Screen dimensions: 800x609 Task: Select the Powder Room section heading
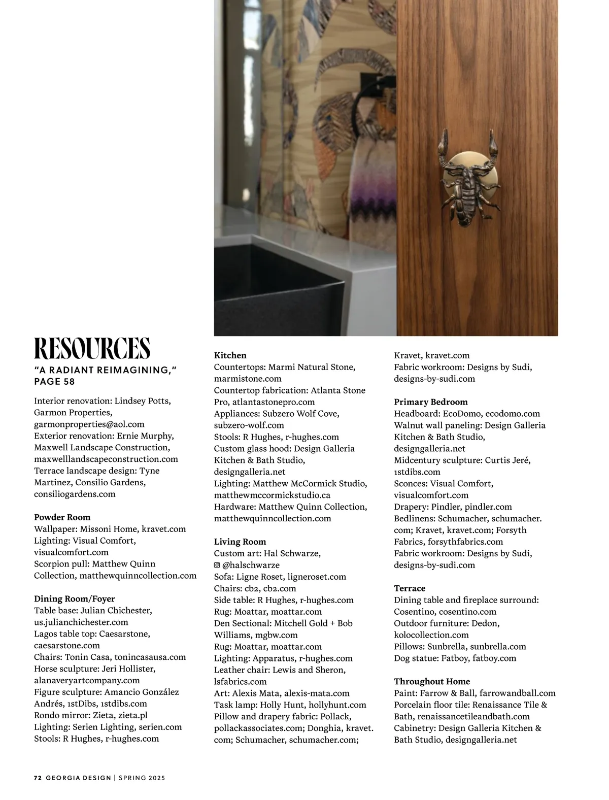click(x=62, y=517)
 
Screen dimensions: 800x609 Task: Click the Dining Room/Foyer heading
click(x=75, y=599)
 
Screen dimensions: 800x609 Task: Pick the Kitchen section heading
click(x=230, y=355)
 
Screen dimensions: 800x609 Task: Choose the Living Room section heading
click(x=240, y=542)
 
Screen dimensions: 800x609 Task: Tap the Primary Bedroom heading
click(x=431, y=402)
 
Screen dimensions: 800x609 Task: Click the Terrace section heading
click(x=410, y=588)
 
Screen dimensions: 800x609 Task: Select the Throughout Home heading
click(x=432, y=681)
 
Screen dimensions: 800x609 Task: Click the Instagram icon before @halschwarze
click(x=217, y=565)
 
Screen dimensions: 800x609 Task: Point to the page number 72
click(x=37, y=778)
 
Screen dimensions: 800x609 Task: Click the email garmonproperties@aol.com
click(x=89, y=424)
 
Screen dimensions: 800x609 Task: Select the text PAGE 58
click(x=54, y=381)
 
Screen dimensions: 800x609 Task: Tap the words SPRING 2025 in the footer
click(x=143, y=778)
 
